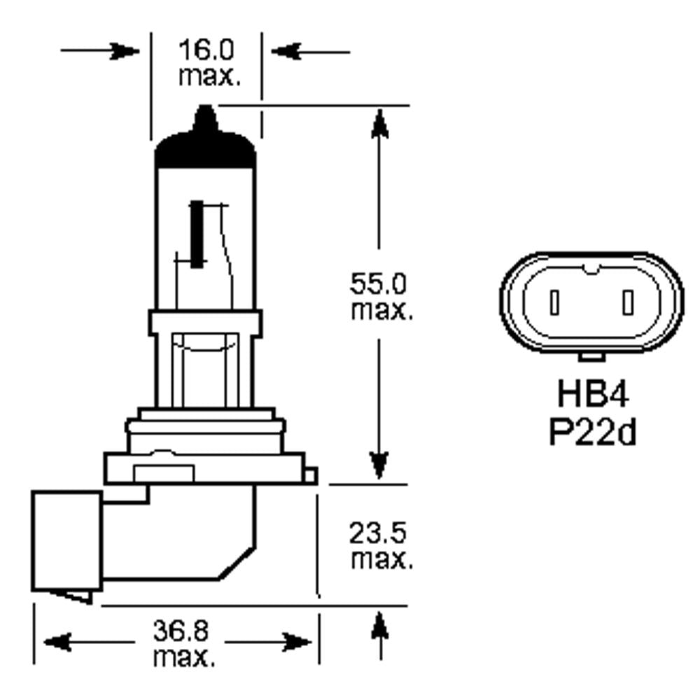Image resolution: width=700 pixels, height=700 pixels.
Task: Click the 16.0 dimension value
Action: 206,51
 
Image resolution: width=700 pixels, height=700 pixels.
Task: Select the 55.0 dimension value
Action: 379,284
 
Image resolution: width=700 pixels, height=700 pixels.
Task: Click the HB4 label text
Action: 592,395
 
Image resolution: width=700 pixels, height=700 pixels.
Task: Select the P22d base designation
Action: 592,432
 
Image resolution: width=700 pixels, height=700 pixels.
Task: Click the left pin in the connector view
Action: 554,302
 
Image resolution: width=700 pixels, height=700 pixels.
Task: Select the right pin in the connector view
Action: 628,302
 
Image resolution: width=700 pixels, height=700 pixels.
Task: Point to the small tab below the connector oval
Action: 591,358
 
